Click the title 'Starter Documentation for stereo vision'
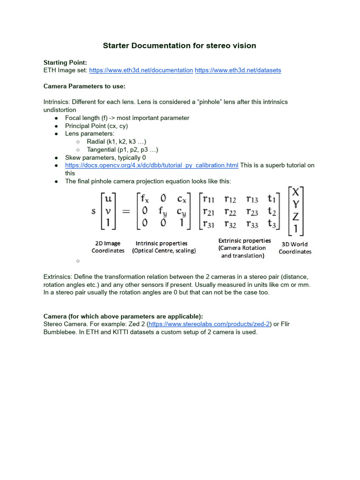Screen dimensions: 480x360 pos(180,45)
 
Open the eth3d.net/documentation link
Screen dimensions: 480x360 pos(141,70)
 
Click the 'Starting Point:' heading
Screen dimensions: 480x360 pos(65,62)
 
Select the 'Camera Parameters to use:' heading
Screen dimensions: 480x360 pos(84,86)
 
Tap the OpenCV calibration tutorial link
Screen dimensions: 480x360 pos(151,165)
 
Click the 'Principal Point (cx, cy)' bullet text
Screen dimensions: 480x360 pos(96,126)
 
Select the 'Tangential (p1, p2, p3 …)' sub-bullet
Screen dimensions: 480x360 pos(122,150)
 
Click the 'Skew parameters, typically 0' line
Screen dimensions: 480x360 pos(105,157)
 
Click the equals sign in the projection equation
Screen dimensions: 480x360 pos(126,211)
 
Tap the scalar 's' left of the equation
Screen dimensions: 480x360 pos(93,211)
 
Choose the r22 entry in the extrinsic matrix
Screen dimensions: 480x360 pos(230,211)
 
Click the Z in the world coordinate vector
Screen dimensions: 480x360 pos(296,217)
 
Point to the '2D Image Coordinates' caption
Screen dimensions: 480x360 pos(108,247)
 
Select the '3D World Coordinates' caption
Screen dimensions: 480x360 pos(295,248)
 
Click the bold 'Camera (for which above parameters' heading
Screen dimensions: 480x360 pos(123,316)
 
